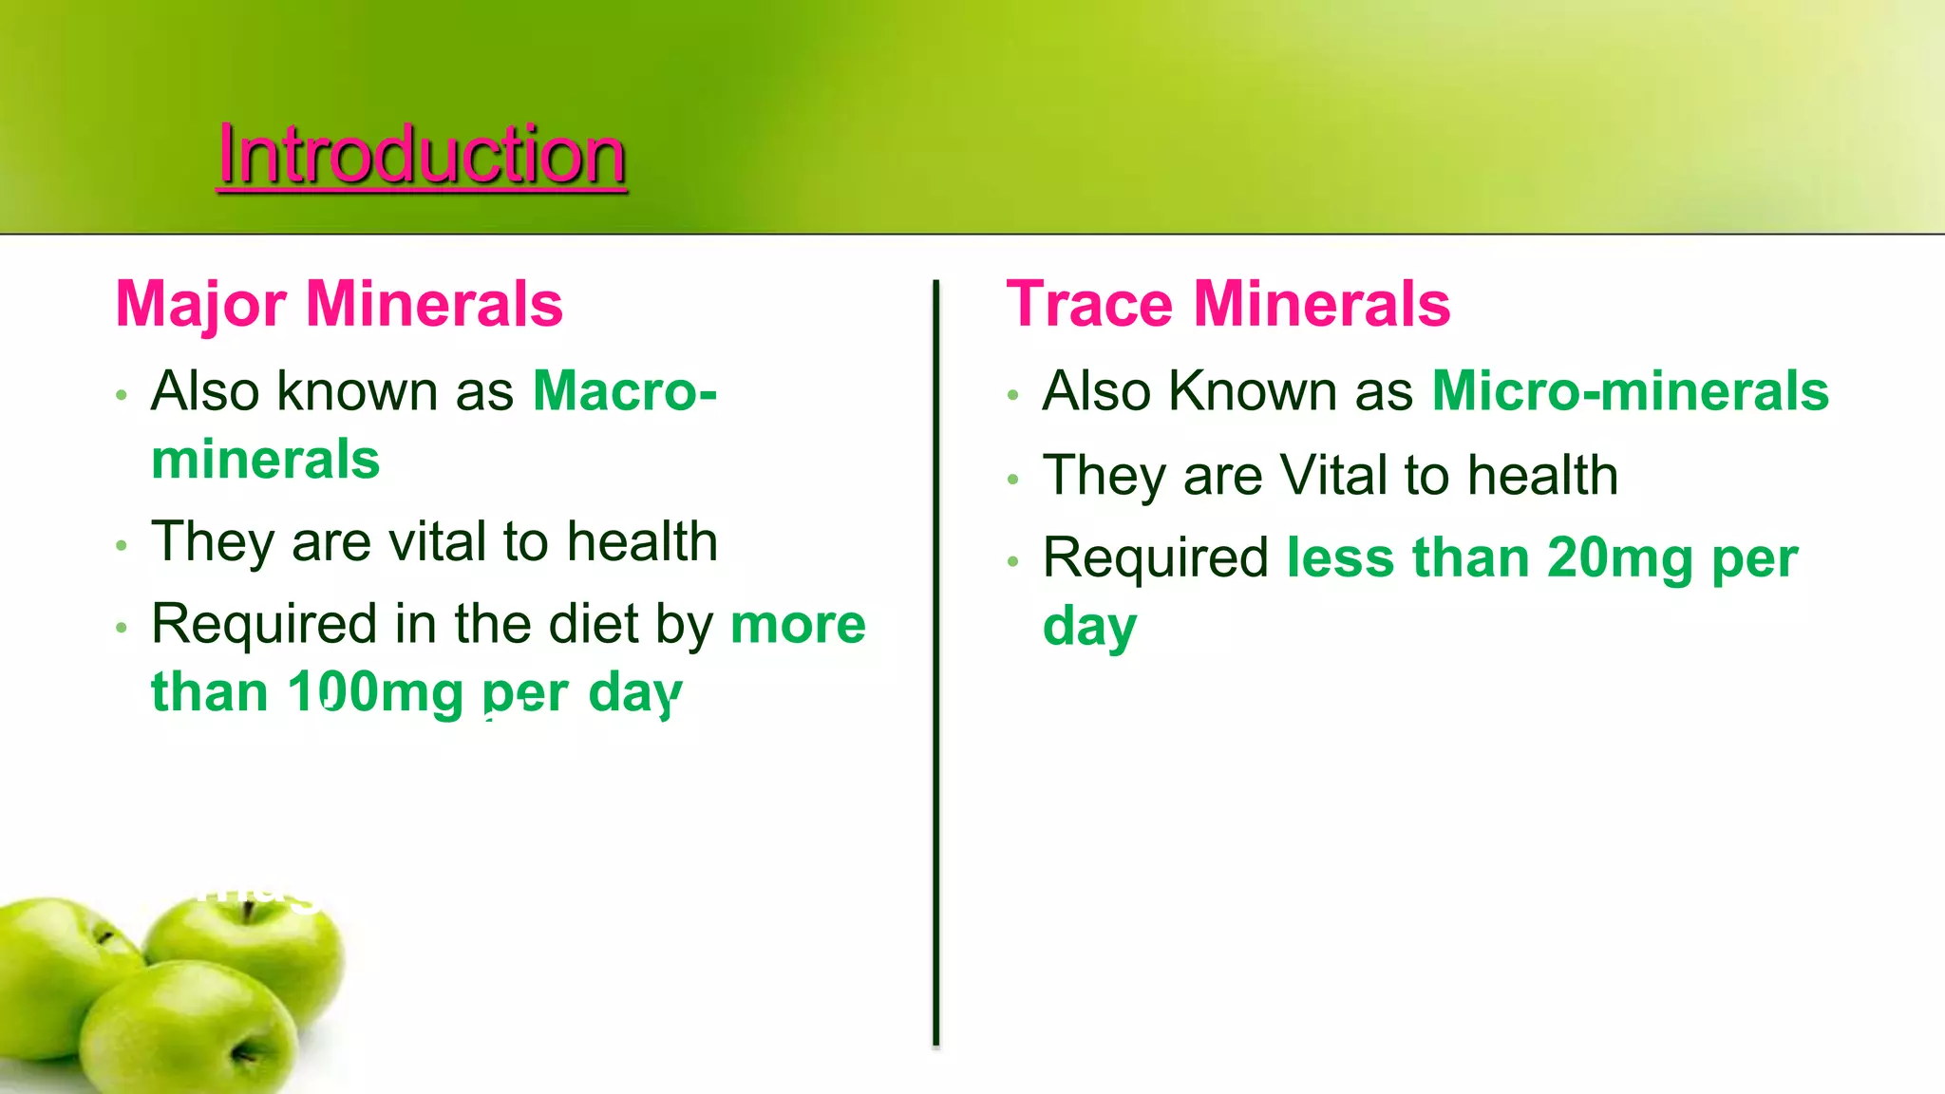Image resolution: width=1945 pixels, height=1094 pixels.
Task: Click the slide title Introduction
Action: click(422, 154)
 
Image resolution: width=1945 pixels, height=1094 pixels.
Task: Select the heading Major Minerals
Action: click(339, 306)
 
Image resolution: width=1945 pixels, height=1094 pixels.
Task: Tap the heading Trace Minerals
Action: click(1228, 305)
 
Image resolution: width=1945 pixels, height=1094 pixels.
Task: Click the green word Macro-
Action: click(625, 391)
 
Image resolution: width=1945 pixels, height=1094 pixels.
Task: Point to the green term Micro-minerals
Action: click(1630, 391)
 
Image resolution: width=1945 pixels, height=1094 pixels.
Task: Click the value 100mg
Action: click(375, 692)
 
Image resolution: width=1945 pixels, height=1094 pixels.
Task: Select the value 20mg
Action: click(1620, 558)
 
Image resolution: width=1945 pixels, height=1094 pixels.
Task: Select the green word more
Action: click(799, 626)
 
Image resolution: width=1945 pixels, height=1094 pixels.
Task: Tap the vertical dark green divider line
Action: click(935, 663)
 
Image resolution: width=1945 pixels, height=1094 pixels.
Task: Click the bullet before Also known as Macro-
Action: click(121, 394)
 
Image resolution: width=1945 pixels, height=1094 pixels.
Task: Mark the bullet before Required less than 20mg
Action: click(1012, 561)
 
